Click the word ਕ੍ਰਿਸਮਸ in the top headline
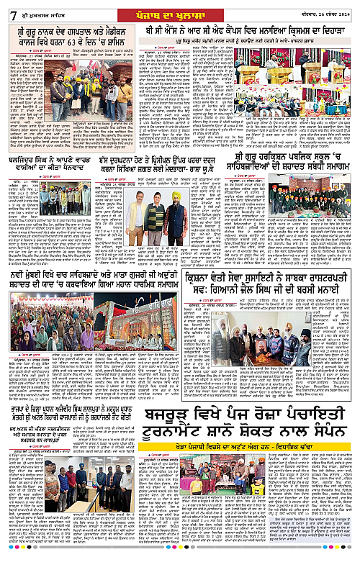[283, 30]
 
